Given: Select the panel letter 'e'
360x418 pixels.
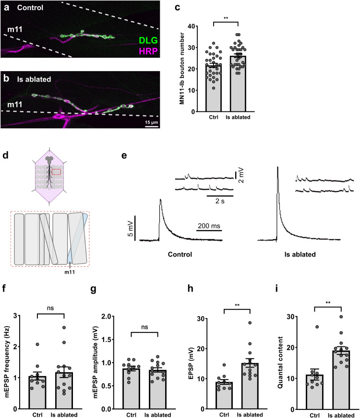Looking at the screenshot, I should [x=123, y=158].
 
